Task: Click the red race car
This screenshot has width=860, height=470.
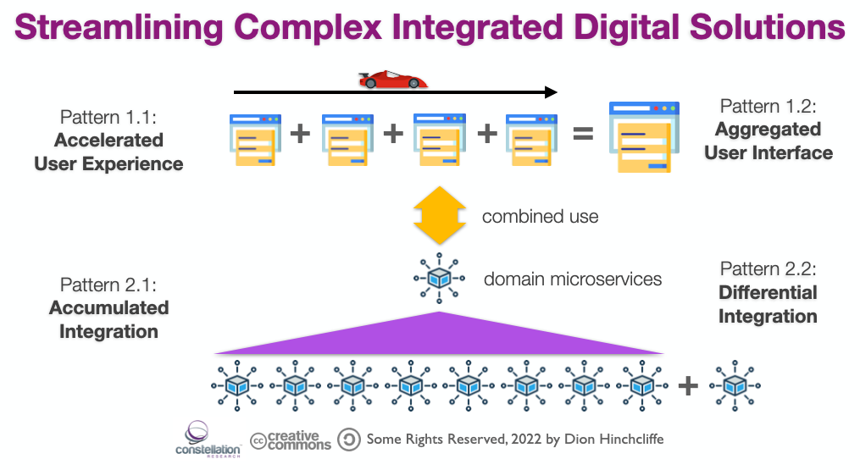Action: [392, 80]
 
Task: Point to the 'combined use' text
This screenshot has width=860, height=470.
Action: [540, 217]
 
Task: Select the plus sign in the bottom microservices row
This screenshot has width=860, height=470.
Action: [688, 386]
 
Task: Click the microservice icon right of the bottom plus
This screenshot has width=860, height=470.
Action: [735, 385]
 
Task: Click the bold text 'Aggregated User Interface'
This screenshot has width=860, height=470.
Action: [768, 141]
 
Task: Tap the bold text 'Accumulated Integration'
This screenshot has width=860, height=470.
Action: [108, 319]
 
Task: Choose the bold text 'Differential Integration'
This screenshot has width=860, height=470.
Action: [768, 304]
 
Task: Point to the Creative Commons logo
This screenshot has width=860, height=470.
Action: [291, 440]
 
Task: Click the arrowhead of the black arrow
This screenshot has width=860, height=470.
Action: [552, 91]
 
